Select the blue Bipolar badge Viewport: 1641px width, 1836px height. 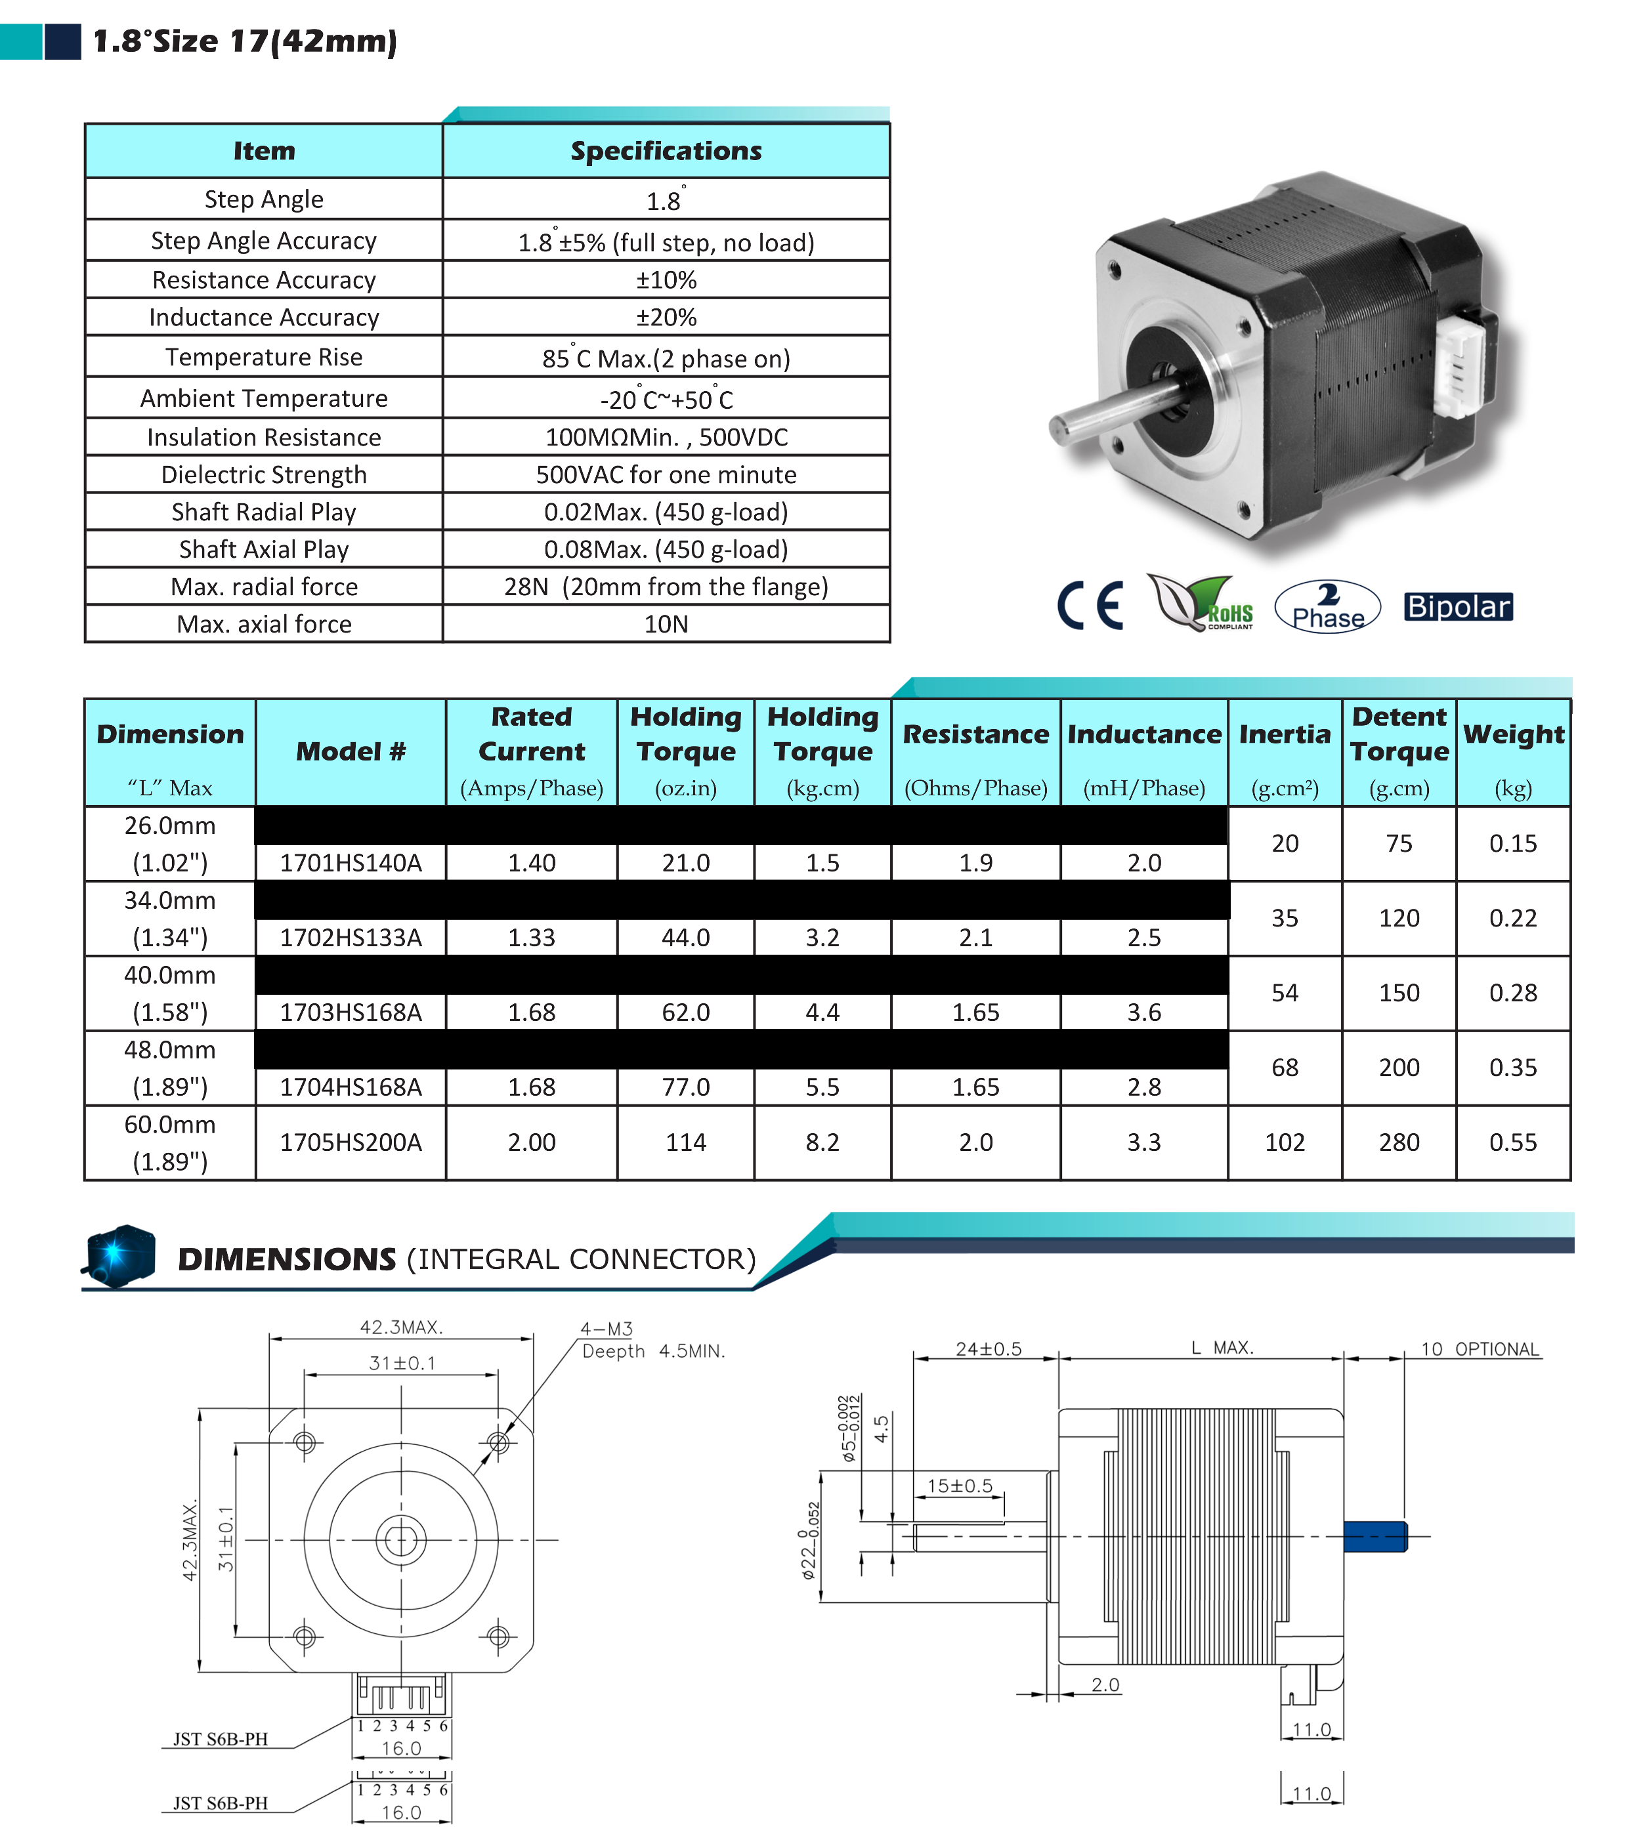(x=1457, y=606)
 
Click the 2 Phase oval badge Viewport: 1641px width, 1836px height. (x=1327, y=606)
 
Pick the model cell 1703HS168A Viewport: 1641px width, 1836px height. (x=351, y=1012)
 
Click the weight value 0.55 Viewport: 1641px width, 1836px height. (x=1512, y=1142)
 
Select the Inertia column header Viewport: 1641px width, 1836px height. (x=1284, y=734)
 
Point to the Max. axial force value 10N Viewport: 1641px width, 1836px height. (x=666, y=624)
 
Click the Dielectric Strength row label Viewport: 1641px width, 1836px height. (x=263, y=474)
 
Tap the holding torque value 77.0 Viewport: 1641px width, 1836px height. (x=685, y=1087)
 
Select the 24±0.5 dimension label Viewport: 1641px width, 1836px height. (x=988, y=1349)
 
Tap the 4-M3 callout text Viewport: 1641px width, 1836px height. (x=606, y=1329)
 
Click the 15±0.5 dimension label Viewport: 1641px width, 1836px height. (x=960, y=1486)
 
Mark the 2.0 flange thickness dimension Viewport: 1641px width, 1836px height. (x=1105, y=1684)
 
